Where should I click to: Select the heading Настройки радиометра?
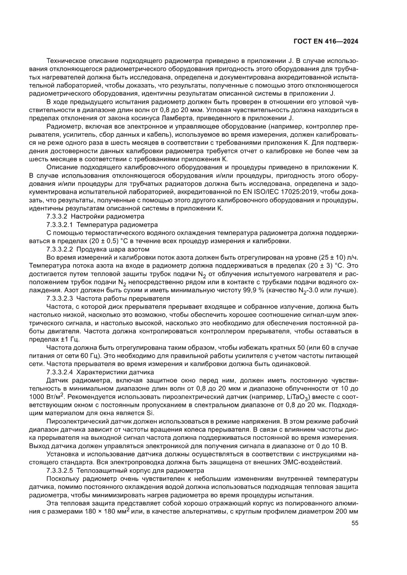(x=107, y=216)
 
